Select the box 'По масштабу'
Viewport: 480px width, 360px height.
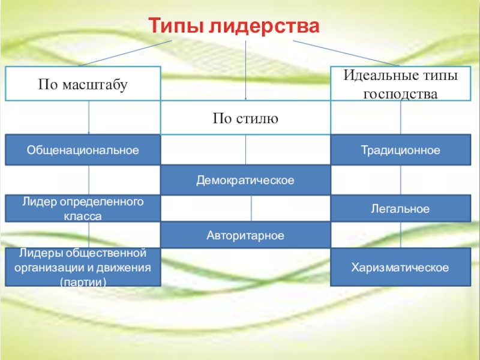coord(83,84)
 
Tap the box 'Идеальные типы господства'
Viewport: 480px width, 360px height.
coord(401,84)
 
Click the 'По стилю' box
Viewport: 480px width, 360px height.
coord(245,118)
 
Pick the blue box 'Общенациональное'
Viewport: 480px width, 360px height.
coord(83,150)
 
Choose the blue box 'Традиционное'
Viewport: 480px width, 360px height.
coord(401,150)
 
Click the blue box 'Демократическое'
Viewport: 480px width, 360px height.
coord(245,180)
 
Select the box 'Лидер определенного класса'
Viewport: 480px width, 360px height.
coord(83,208)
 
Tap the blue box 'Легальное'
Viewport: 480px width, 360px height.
coord(401,209)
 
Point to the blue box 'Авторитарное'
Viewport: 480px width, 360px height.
coord(245,235)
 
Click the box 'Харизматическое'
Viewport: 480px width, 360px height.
coord(401,267)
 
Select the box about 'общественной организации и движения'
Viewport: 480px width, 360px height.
coord(83,267)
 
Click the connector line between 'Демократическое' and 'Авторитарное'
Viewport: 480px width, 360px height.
coord(251,208)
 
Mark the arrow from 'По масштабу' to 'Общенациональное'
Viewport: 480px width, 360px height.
coord(89,118)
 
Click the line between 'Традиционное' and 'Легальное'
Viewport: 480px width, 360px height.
coord(401,179)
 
